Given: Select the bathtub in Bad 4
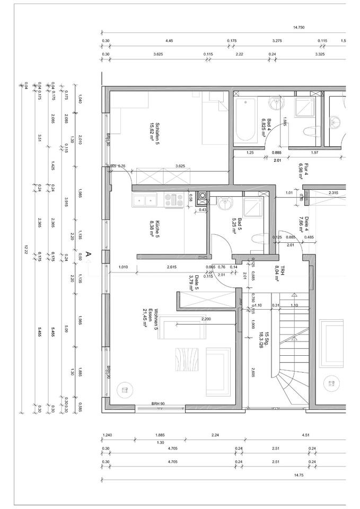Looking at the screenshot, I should coord(245,120).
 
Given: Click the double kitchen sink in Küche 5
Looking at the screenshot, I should coord(144,200).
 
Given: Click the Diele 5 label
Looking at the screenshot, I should coord(193,284).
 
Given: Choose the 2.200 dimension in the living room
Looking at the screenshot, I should coord(207,319).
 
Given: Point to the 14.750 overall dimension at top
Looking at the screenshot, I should coord(298,28).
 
